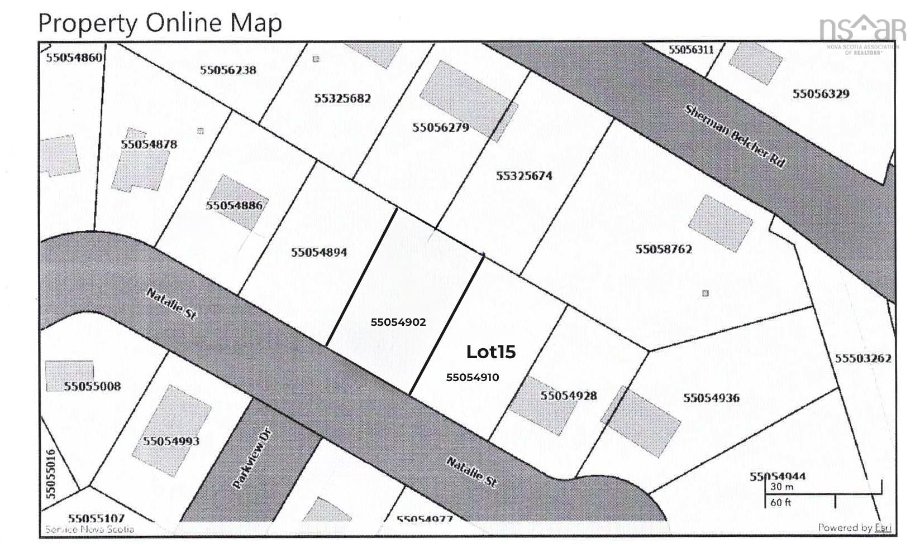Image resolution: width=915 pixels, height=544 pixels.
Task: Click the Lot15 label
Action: coord(490,352)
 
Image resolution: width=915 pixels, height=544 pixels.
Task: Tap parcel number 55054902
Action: coord(398,322)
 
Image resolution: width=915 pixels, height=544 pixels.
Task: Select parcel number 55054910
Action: coord(472,377)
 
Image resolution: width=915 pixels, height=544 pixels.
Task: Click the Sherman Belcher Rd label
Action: coord(735,136)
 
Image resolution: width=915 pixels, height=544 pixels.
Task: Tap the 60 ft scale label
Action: coord(781,502)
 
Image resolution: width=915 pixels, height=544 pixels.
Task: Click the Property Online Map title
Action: coord(160,23)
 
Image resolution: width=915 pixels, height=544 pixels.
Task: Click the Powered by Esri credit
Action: coord(854,527)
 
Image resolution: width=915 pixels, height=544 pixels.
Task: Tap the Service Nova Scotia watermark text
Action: coord(89,529)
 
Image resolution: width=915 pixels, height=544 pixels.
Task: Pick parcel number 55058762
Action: coord(663,249)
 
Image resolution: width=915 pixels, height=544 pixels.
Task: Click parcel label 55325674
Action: coord(524,176)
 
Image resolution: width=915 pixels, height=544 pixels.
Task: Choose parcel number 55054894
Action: coord(318,252)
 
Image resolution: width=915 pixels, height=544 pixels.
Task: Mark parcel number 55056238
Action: coord(228,70)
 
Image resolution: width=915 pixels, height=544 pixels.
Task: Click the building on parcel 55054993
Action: coord(171,430)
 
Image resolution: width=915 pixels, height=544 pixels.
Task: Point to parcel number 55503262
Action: coord(863,358)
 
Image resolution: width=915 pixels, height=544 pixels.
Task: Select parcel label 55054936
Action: coord(711,397)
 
